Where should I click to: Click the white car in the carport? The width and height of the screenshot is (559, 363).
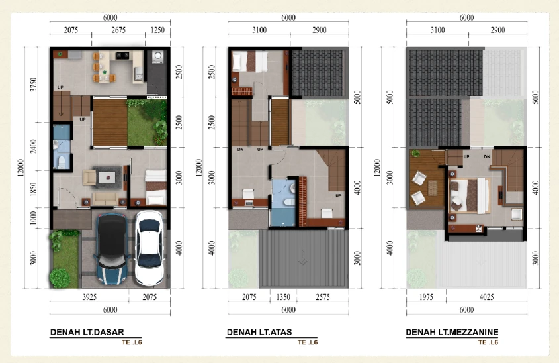click(150, 248)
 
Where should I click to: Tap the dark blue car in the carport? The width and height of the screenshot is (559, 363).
click(112, 249)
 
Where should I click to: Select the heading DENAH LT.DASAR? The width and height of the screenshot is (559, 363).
click(87, 332)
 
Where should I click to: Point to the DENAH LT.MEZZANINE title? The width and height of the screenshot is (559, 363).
click(452, 332)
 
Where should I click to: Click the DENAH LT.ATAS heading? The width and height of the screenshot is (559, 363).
click(259, 332)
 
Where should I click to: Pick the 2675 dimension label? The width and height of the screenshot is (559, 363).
click(118, 30)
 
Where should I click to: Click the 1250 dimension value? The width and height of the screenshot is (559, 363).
click(157, 30)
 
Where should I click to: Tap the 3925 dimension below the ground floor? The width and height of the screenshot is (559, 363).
click(89, 297)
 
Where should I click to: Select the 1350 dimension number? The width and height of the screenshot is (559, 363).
click(283, 297)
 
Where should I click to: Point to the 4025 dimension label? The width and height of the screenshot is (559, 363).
click(486, 297)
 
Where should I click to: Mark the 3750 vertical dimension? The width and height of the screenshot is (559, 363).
click(34, 85)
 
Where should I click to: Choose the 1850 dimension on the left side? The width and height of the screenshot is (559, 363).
click(34, 189)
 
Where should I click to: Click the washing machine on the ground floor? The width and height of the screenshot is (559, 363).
click(157, 57)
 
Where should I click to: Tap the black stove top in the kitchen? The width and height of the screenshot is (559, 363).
click(122, 56)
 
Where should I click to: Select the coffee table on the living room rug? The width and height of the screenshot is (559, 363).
click(107, 177)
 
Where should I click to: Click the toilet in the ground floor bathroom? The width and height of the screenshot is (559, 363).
click(62, 162)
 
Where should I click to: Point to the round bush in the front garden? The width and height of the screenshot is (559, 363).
click(60, 278)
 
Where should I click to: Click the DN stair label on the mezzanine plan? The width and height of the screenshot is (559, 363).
click(487, 157)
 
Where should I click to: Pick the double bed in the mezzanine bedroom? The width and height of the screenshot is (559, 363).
click(470, 195)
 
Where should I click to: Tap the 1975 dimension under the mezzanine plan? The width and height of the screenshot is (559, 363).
click(426, 297)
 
